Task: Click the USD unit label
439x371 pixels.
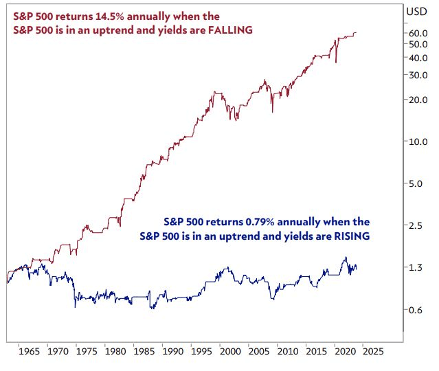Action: tap(416, 11)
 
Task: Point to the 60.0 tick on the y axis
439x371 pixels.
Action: tap(418, 33)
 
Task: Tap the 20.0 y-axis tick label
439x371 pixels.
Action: tap(418, 100)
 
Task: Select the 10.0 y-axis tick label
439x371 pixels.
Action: tap(418, 142)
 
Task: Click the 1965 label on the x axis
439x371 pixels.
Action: tap(29, 350)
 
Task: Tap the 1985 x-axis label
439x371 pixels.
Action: tap(143, 350)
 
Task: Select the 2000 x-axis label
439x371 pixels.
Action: tap(229, 350)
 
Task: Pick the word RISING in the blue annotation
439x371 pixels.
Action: tap(348, 236)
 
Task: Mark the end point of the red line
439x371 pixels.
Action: tap(356, 32)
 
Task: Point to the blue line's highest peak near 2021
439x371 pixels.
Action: tap(345, 258)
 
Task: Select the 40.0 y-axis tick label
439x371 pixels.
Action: tap(418, 58)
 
